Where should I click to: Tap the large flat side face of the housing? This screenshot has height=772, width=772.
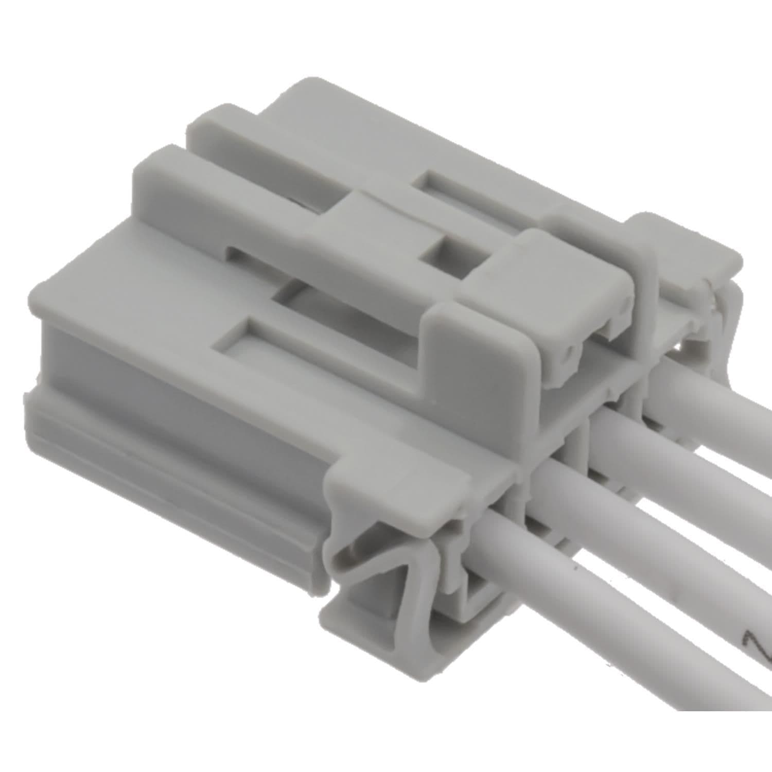coord(170,371)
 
